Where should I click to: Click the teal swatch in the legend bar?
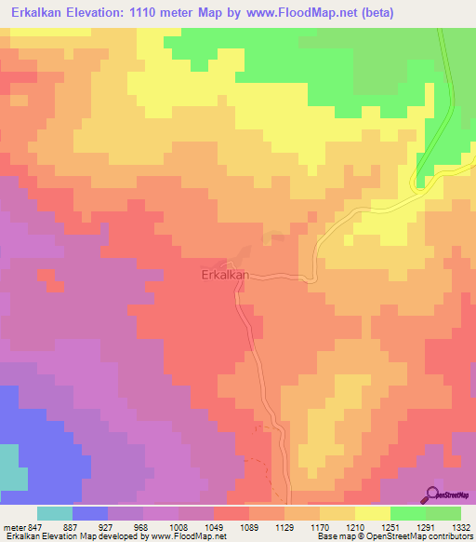click(55, 513)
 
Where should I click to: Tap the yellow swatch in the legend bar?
click(373, 513)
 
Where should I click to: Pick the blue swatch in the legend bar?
click(90, 513)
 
